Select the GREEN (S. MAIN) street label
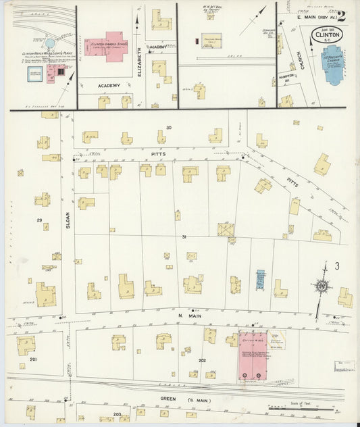pyautogui.click(x=178, y=399)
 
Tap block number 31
pyautogui.click(x=184, y=237)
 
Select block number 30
pyautogui.click(x=169, y=128)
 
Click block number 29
pyautogui.click(x=39, y=221)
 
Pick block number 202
pyautogui.click(x=202, y=361)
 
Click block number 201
pyautogui.click(x=32, y=360)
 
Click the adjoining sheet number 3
pyautogui.click(x=336, y=266)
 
